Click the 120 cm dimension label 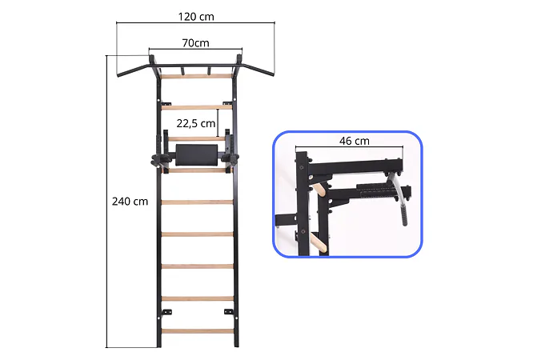click(196, 16)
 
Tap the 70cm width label click(196, 42)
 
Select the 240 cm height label click(130, 201)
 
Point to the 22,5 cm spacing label click(196, 123)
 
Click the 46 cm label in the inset click(355, 141)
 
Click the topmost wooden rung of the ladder click(197, 76)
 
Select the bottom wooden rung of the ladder click(198, 331)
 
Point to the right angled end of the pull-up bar click(260, 70)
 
